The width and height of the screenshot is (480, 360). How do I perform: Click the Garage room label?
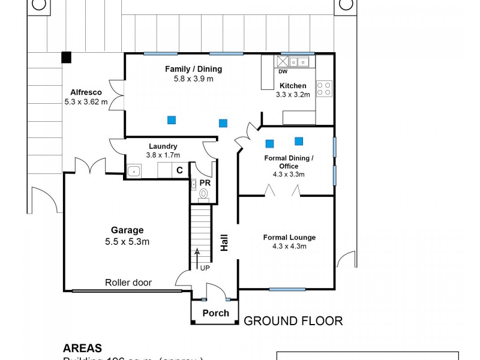[127, 230]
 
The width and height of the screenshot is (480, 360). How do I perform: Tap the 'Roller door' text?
[128, 283]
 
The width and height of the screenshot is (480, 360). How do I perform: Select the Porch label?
[215, 313]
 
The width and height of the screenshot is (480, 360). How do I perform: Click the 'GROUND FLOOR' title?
[293, 321]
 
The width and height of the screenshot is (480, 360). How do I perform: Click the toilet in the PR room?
[203, 194]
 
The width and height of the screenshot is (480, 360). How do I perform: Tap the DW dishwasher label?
[283, 71]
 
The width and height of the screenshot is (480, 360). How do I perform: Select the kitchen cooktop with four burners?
[324, 89]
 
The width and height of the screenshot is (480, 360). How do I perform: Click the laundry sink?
[134, 171]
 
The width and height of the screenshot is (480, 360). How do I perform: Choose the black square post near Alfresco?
[67, 58]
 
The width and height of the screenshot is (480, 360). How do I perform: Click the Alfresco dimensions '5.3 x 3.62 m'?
[86, 101]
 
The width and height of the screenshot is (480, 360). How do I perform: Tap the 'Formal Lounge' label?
[289, 237]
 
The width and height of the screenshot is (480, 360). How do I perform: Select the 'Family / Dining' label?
[190, 69]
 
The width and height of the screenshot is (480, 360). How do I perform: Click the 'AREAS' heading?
[82, 348]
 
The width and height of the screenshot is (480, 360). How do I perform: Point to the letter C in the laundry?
[179, 170]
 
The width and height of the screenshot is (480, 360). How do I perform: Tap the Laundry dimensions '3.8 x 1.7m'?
[163, 155]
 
